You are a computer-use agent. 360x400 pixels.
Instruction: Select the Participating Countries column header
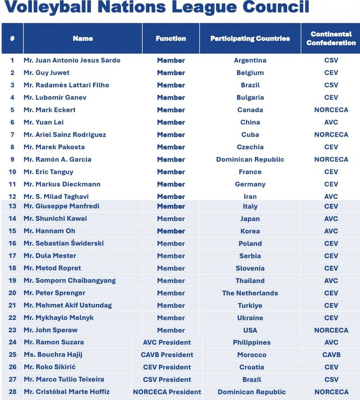250,38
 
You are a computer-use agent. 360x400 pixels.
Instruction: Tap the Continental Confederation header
331,38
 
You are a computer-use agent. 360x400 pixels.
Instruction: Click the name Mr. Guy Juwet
47,73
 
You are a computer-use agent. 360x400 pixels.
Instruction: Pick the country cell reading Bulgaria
250,97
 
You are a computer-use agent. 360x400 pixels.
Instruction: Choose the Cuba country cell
250,135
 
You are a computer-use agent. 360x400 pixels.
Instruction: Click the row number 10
12,172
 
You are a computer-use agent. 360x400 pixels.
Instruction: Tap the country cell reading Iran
250,197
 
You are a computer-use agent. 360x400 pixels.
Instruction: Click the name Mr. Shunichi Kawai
55,218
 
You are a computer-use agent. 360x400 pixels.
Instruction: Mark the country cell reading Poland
250,244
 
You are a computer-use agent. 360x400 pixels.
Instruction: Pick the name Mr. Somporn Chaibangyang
69,281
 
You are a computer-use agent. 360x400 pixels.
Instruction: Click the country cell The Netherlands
250,293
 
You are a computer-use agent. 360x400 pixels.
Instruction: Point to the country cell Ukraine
250,318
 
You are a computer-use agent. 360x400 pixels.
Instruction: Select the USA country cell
250,330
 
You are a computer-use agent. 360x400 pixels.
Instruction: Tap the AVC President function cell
167,342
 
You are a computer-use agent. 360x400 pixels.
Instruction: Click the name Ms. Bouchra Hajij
53,354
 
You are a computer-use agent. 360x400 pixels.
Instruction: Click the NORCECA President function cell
167,392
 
